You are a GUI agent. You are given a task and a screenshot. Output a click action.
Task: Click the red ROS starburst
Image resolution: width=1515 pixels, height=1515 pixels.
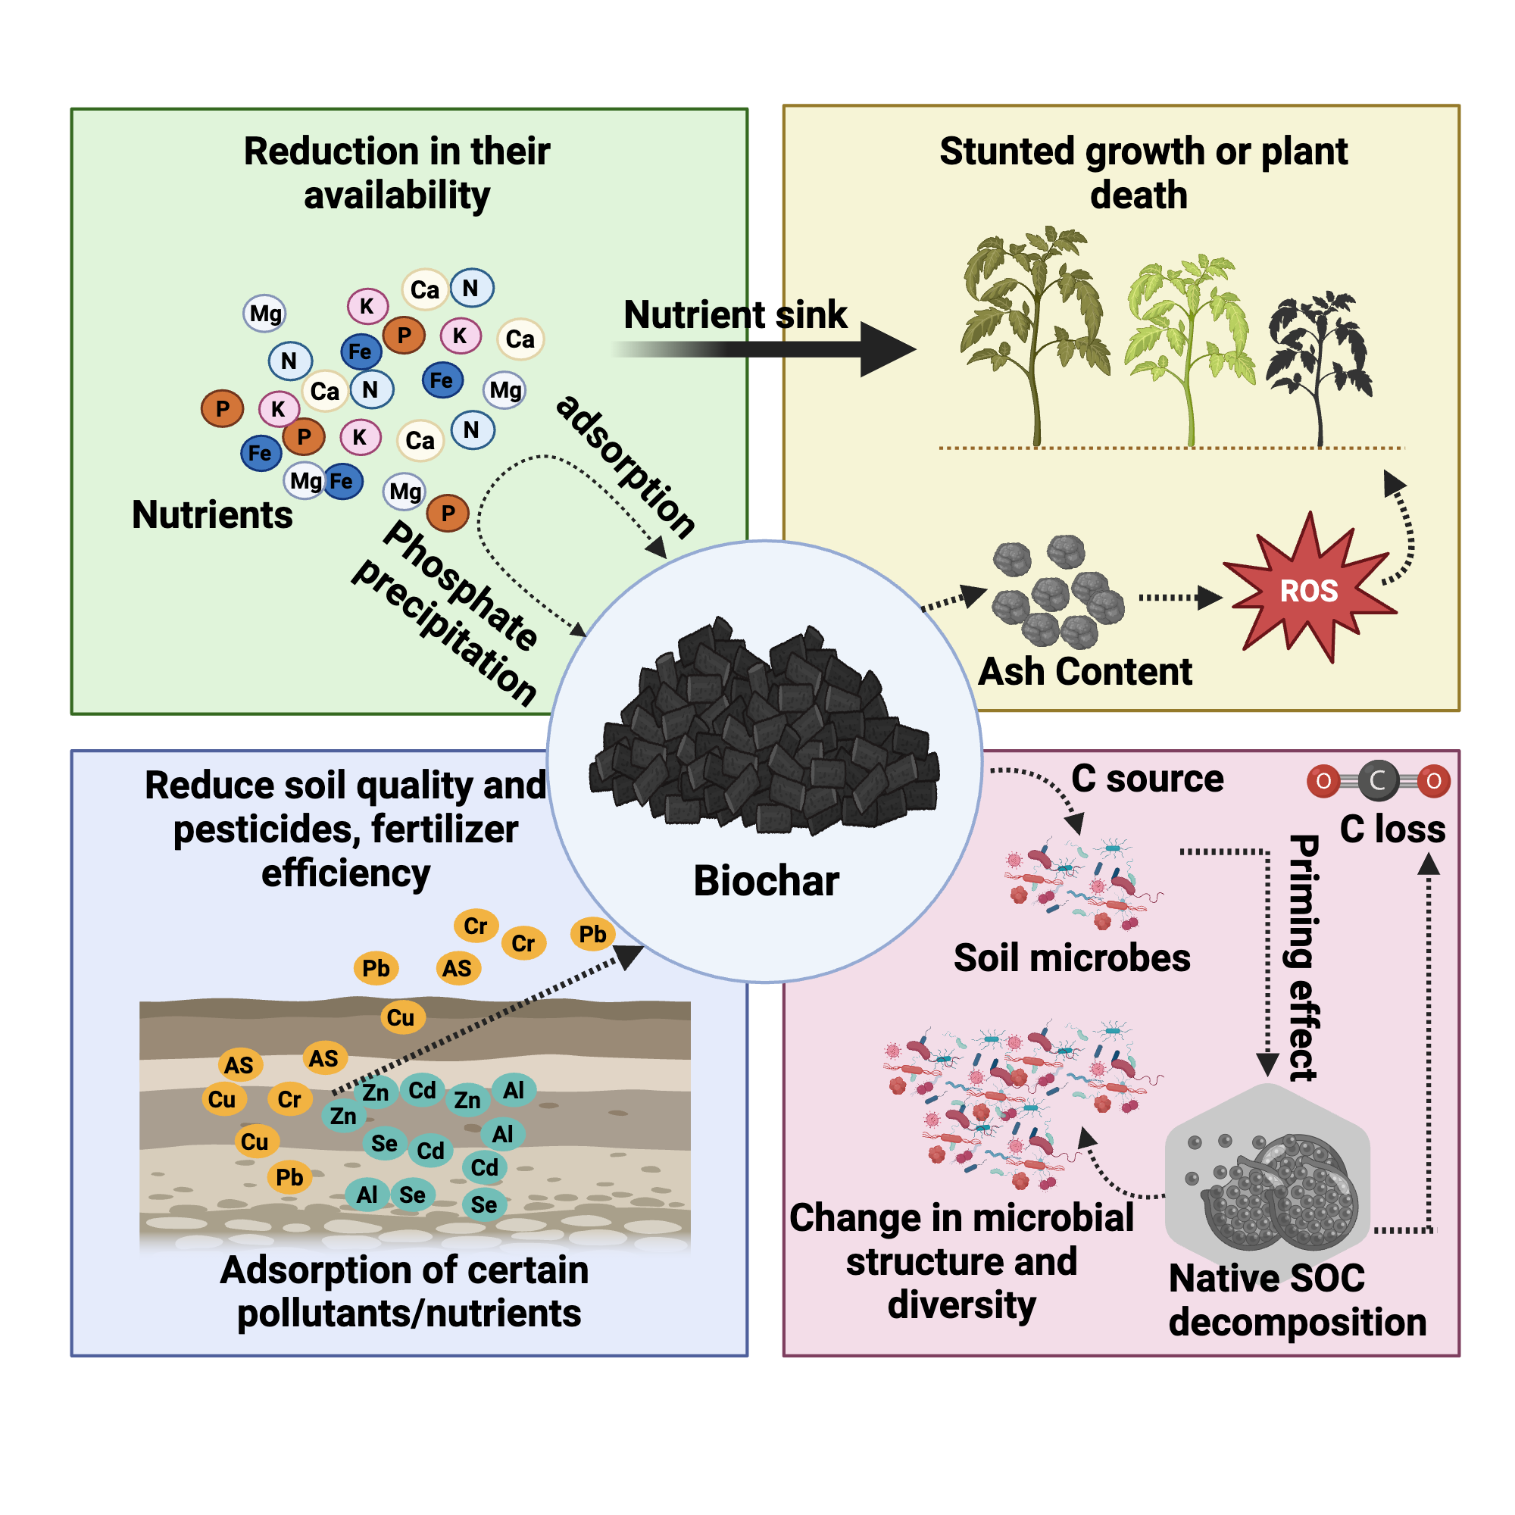[x=1308, y=589]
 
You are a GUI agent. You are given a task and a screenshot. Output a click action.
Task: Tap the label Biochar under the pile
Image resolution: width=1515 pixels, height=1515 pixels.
[x=766, y=881]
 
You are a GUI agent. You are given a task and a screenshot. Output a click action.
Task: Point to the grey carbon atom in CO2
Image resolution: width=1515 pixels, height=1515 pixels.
[x=1378, y=781]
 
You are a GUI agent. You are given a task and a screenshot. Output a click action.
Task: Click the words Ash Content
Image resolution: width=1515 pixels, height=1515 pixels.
[x=1085, y=672]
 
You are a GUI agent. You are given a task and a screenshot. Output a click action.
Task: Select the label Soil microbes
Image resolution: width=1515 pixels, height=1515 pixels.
[x=1071, y=958]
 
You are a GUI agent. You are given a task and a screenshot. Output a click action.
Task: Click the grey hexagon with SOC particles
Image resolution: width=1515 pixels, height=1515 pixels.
[x=1267, y=1172]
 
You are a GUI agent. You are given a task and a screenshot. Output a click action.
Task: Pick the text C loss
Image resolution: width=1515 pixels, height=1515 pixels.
[x=1392, y=829]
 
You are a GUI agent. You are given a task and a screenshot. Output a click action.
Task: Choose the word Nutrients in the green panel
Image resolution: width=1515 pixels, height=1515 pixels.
[x=212, y=515]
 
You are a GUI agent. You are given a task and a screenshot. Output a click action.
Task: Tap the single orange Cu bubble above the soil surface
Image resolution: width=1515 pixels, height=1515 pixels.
[x=401, y=1018]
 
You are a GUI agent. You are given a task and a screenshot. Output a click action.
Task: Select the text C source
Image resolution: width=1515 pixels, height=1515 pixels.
[x=1146, y=779]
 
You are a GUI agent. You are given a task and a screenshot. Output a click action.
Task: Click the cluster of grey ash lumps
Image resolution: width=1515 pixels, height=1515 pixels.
[x=1057, y=592]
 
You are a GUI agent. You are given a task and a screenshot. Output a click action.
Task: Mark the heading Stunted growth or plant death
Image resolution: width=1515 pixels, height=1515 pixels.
[x=1142, y=173]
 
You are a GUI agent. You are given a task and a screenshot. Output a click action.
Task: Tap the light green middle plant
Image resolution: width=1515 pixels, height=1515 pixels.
[x=1186, y=337]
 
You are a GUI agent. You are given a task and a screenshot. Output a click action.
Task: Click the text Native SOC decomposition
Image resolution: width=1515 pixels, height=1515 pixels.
[x=1295, y=1300]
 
